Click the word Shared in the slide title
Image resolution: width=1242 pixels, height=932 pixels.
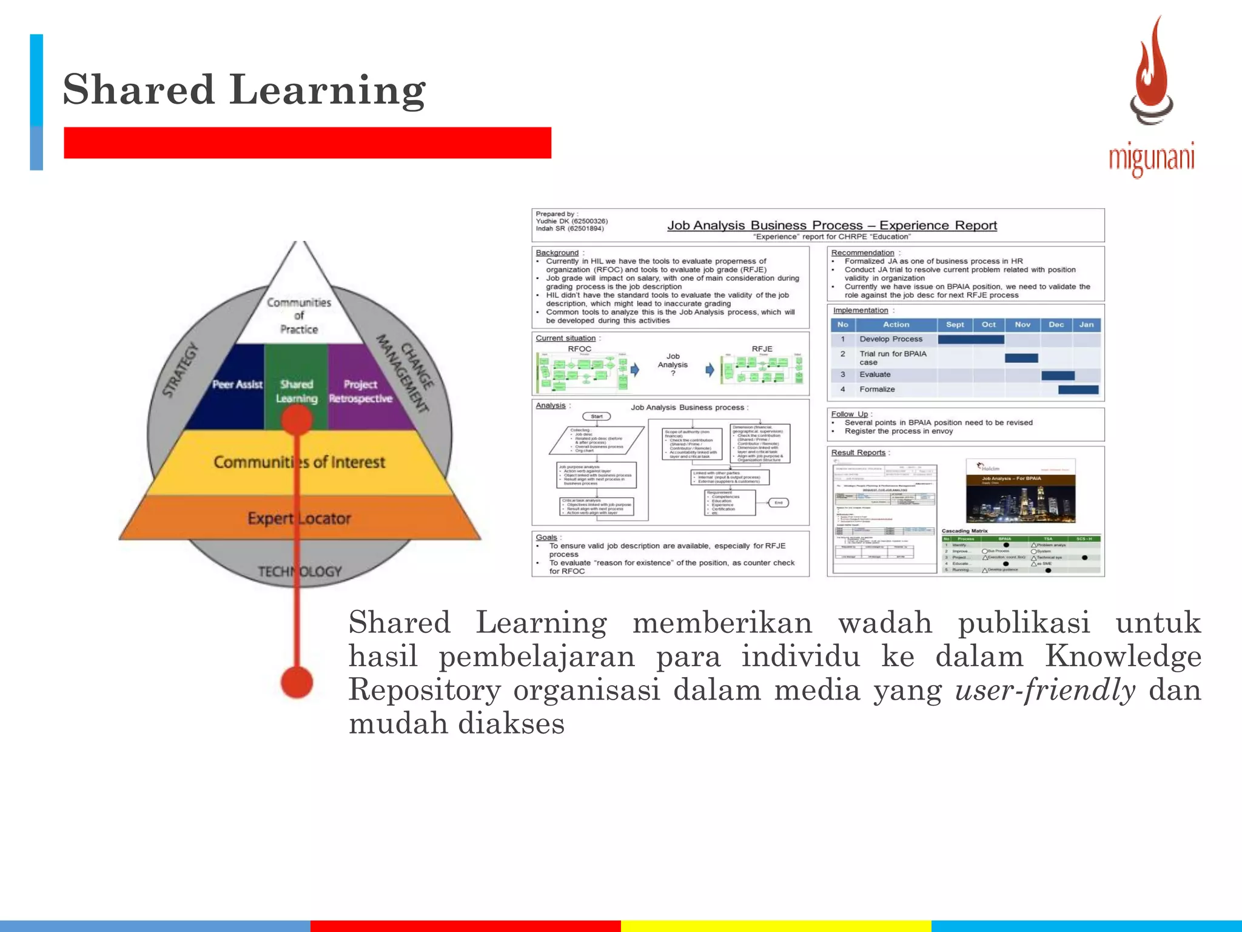[138, 90]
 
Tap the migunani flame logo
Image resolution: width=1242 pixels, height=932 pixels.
[1151, 73]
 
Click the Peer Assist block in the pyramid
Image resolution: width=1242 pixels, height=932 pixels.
[237, 385]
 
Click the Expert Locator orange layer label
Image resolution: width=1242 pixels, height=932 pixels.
[299, 518]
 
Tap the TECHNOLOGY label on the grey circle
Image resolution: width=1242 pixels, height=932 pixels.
[300, 572]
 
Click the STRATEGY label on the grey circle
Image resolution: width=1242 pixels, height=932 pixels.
[181, 370]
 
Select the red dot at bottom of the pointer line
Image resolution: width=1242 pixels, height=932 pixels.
[297, 682]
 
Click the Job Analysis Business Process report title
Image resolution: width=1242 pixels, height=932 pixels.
[831, 226]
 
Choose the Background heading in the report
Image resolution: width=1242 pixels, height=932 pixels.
[557, 252]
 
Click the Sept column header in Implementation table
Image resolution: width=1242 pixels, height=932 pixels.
[955, 325]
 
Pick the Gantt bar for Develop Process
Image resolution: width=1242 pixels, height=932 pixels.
[970, 339]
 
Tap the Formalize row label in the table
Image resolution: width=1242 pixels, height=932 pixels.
[876, 389]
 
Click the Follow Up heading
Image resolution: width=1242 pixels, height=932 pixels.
[849, 414]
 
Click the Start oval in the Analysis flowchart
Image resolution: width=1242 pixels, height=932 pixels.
[596, 416]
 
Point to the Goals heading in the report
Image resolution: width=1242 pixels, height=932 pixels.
[546, 537]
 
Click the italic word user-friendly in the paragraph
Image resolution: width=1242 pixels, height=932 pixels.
[1044, 690]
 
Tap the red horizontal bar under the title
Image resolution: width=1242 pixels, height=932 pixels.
[307, 143]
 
